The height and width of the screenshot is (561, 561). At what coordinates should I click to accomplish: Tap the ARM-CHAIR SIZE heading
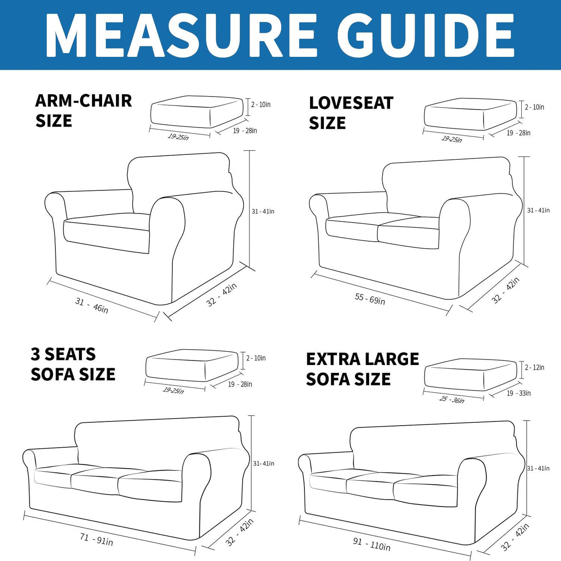83,110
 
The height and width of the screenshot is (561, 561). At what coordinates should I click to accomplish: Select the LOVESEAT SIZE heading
351,113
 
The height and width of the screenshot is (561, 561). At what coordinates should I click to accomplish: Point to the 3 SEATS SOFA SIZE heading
73,364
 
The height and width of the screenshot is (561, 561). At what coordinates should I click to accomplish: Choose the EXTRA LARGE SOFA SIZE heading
362,369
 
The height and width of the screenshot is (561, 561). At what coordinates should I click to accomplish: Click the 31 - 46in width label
91,305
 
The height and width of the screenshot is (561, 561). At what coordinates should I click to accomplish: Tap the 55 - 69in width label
370,299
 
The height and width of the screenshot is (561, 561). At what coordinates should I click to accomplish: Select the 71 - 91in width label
96,539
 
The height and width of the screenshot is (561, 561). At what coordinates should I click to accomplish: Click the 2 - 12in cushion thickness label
535,367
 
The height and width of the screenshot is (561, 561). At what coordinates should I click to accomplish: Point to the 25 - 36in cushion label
452,399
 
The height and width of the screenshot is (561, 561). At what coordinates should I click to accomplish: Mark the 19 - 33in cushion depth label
518,393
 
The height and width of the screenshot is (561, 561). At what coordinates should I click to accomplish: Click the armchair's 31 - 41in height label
263,212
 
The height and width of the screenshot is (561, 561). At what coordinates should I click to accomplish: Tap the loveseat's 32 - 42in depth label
506,290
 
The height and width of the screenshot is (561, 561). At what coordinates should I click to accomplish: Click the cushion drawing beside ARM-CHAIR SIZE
196,111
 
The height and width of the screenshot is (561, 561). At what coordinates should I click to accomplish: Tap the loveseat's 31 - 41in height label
538,211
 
